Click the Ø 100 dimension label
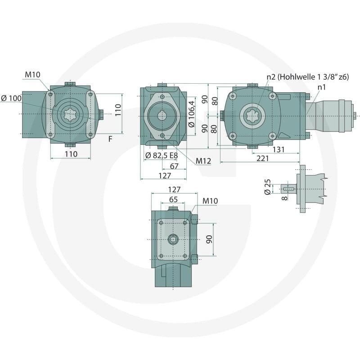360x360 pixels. (x=11, y=98)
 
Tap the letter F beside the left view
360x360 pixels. (x=110, y=139)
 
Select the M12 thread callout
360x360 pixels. (x=203, y=161)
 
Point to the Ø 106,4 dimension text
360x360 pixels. (x=191, y=114)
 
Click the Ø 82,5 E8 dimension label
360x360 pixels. (x=162, y=155)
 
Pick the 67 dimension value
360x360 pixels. (x=174, y=166)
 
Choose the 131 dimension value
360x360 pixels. (x=279, y=149)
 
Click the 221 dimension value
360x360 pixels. (x=263, y=158)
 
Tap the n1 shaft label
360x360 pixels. (x=322, y=87)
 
